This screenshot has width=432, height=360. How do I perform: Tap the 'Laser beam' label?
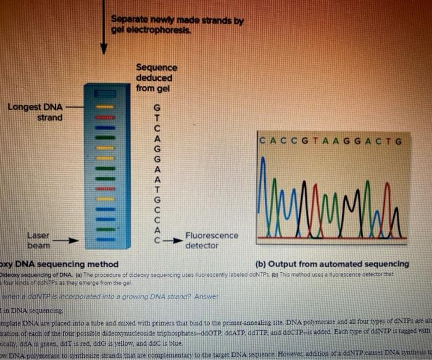[x=38, y=240]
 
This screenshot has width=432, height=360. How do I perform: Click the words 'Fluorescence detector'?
[x=210, y=240]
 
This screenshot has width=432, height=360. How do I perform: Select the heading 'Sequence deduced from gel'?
[x=156, y=78]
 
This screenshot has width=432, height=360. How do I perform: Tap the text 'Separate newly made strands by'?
[x=177, y=20]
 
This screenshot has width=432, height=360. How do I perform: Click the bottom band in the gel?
[x=105, y=229]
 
